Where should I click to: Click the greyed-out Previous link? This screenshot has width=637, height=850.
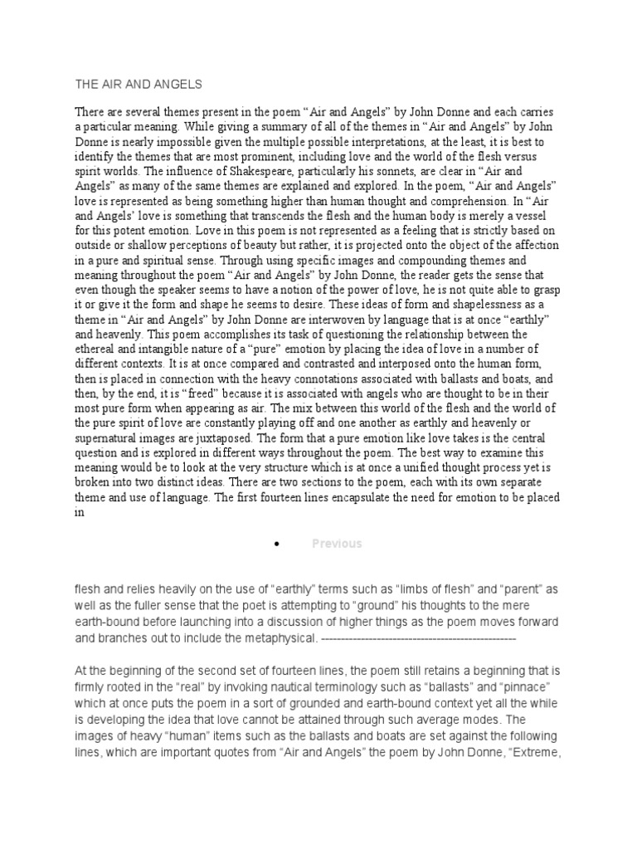coord(337,544)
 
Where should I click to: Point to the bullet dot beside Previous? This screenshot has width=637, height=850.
coord(274,544)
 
